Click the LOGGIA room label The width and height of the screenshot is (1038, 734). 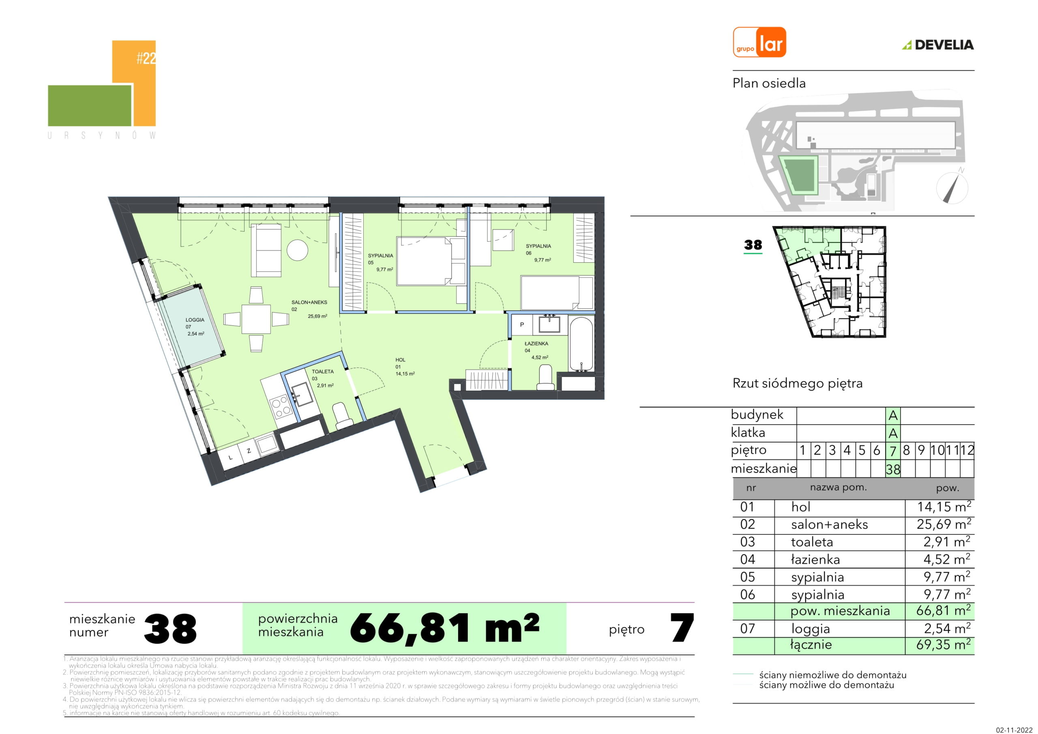[195, 320]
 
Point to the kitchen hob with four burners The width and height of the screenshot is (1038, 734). [280, 406]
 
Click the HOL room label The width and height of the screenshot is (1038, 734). [401, 360]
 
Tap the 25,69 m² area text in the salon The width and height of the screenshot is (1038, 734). [317, 316]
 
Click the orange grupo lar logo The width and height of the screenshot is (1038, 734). [759, 42]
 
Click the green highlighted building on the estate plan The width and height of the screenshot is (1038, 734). [799, 176]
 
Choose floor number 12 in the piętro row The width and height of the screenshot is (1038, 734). [967, 451]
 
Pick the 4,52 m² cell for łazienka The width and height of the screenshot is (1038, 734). [947, 560]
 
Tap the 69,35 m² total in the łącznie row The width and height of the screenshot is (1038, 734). [944, 644]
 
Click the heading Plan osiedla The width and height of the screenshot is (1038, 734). [769, 83]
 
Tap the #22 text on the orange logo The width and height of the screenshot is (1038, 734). [146, 58]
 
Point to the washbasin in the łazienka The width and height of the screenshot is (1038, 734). [549, 324]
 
